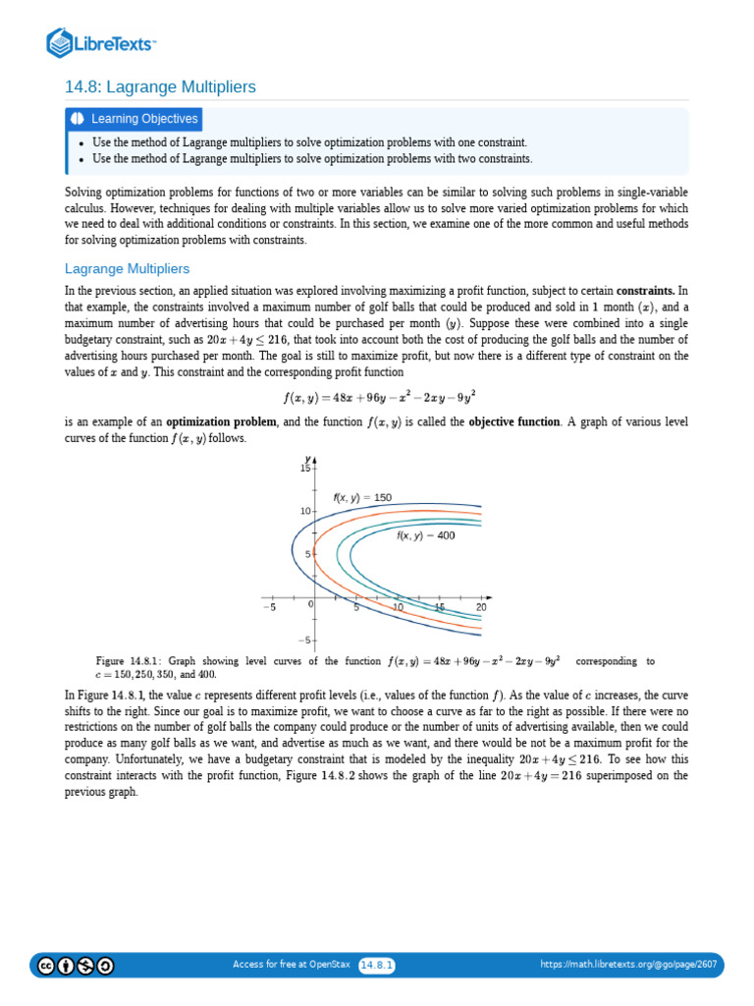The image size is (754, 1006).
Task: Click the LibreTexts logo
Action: tap(101, 43)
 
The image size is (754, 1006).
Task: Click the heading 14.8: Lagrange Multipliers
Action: tap(160, 87)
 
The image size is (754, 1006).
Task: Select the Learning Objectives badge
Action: tap(135, 119)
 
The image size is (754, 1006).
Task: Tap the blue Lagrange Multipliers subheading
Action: tap(127, 268)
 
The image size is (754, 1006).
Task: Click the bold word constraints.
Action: tap(645, 292)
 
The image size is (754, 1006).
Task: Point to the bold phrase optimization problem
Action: tap(223, 421)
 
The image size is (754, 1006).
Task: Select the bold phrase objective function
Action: tap(517, 421)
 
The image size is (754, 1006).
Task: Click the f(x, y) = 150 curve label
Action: tap(362, 498)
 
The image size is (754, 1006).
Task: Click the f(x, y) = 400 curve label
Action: tap(425, 536)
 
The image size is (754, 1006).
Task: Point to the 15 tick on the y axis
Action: tap(304, 469)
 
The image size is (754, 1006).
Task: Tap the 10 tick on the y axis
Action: tap(304, 512)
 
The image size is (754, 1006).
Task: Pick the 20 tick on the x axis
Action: tap(481, 608)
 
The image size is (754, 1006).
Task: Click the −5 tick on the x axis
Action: tap(270, 608)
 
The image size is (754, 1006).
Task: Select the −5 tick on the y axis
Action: tap(303, 641)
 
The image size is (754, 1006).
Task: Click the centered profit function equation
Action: tap(376, 398)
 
